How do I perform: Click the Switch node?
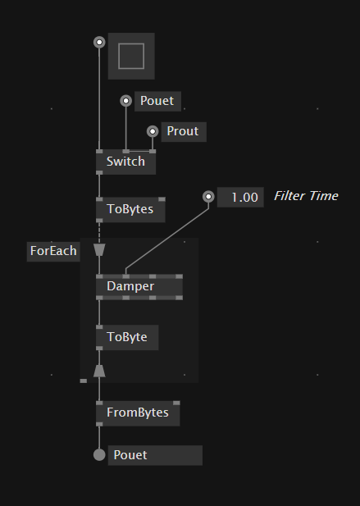125,162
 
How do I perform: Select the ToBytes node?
130,209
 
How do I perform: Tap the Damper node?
139,287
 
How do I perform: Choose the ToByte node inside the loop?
127,337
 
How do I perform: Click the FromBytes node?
138,413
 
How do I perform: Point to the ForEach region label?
53,252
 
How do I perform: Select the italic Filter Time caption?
306,196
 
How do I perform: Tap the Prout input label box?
184,132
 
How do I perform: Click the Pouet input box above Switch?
157,102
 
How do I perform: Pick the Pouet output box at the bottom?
155,455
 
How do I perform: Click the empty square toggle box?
131,56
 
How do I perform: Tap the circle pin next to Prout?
153,131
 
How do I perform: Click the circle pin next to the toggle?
99,43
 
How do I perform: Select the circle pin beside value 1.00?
208,197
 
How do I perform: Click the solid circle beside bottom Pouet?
99,455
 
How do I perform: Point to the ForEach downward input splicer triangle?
99,250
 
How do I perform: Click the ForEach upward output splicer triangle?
99,371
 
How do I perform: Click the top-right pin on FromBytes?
176,403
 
